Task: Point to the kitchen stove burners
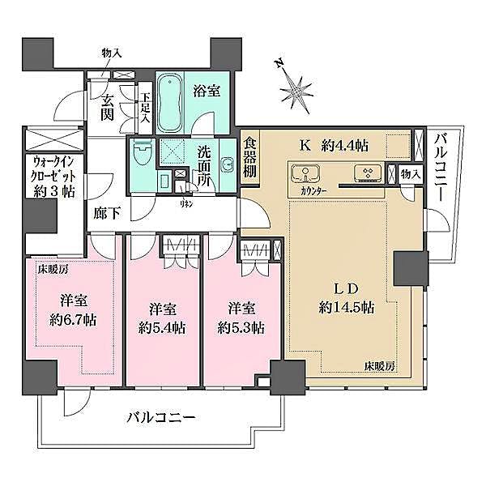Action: pyautogui.click(x=369, y=173)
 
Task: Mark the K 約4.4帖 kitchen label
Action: pyautogui.click(x=335, y=146)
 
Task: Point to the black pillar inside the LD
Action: pyautogui.click(x=409, y=266)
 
